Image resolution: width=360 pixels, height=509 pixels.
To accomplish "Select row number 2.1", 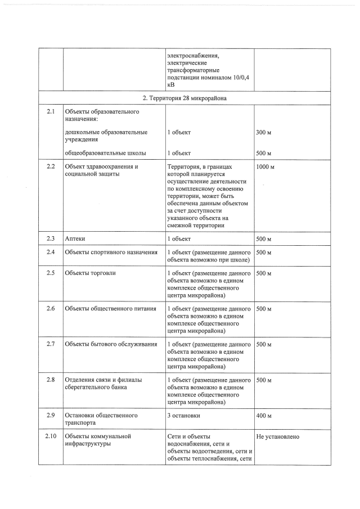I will click(x=51, y=112).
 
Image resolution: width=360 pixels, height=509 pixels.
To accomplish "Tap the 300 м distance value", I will click(x=264, y=132).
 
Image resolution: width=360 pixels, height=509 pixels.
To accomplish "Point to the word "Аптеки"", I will click(x=75, y=238).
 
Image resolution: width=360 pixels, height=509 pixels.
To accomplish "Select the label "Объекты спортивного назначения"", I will click(x=111, y=252).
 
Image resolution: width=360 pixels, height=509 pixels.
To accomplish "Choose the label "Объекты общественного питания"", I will click(x=110, y=309).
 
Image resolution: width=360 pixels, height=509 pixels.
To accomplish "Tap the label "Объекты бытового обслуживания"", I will click(x=111, y=344).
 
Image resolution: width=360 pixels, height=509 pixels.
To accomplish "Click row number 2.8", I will click(x=51, y=380).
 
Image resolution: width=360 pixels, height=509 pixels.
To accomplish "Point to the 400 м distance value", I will click(x=264, y=415).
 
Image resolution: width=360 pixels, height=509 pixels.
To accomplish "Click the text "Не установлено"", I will click(x=277, y=436).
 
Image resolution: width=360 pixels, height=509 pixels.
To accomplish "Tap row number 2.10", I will click(x=51, y=436).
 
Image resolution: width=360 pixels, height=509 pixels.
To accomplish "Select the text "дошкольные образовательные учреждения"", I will click(x=106, y=136).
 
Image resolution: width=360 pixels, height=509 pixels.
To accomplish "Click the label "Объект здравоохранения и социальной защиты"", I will click(x=101, y=170).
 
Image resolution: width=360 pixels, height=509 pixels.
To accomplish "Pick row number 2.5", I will click(x=51, y=273).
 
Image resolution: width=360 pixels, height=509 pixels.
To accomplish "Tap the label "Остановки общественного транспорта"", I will click(x=101, y=418).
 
